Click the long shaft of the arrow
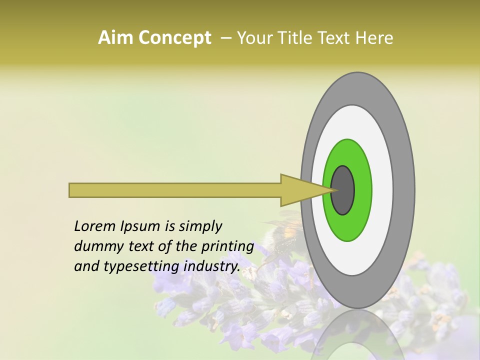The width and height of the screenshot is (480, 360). click(175, 190)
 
